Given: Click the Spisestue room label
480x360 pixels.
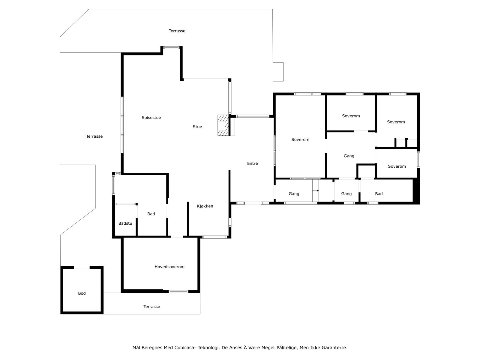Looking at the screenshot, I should (151, 118).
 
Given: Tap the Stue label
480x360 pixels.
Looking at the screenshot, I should (197, 127).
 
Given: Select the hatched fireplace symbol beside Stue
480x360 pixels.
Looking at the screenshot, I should (222, 125).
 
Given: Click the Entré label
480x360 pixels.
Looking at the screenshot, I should (252, 163).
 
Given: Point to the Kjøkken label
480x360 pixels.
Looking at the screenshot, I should (205, 206).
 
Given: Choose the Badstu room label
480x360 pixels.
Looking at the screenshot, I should (125, 223).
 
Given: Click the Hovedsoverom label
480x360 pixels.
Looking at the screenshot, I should (169, 267).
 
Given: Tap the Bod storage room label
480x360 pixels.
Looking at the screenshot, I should (82, 293).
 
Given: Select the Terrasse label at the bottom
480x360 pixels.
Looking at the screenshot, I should (151, 307).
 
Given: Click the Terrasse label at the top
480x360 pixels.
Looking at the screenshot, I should (177, 31).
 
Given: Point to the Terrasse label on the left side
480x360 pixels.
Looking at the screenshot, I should (94, 136).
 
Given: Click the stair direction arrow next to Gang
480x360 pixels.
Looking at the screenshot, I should (316, 190).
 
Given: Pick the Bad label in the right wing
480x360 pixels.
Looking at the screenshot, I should (379, 194).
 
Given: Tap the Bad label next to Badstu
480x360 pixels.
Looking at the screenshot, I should (151, 214).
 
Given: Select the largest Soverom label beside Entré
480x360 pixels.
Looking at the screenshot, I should (300, 139).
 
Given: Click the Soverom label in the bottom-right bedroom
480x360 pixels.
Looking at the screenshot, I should (397, 166).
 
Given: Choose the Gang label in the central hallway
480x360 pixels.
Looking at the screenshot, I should (349, 156).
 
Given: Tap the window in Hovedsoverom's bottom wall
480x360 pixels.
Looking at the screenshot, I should (178, 291).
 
